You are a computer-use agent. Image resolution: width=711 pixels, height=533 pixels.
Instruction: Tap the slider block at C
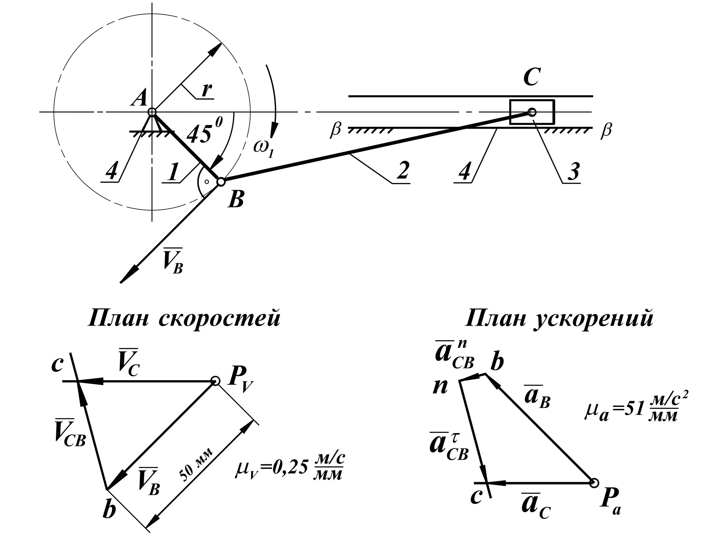click(x=532, y=112)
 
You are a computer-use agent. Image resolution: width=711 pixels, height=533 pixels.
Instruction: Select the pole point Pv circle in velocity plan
click(x=215, y=381)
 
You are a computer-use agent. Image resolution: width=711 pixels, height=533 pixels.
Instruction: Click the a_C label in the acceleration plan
click(x=535, y=507)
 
